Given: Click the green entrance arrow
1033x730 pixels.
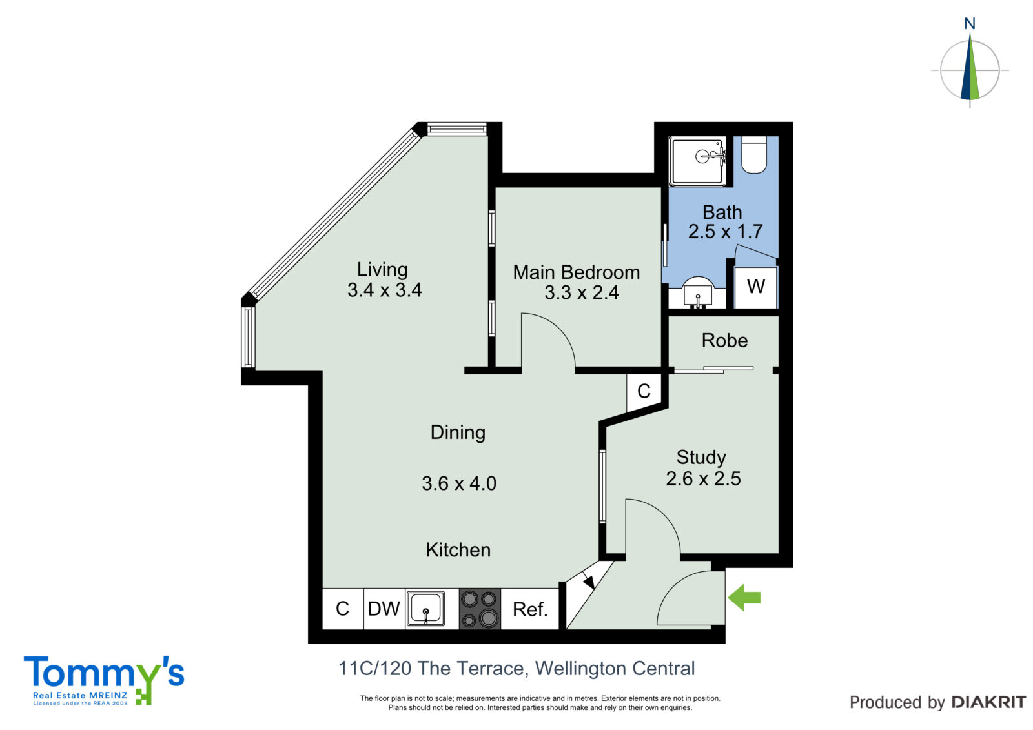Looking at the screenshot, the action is point(744,598).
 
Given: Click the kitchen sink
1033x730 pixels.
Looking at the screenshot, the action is point(425,609).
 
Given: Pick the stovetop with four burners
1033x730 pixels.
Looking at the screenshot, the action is point(480,609).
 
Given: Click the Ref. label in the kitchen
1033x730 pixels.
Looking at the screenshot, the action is point(530,609).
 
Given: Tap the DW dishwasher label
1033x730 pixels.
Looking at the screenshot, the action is point(384,609).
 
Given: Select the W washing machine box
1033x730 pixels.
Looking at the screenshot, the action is point(755,287).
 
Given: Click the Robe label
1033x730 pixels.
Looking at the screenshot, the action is point(724,340).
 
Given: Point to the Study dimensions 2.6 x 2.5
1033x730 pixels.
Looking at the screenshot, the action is point(703,479).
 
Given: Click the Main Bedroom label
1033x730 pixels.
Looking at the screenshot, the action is point(577,272).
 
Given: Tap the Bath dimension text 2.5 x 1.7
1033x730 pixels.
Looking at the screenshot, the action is point(726,232).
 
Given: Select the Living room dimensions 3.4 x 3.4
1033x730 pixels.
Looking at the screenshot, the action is point(384,290).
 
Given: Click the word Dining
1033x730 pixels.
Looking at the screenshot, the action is point(458,432).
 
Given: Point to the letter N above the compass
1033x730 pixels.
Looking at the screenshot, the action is point(969,23).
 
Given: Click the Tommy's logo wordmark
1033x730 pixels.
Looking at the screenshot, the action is point(104,674).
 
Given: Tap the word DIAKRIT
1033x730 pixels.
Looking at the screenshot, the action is point(988,702).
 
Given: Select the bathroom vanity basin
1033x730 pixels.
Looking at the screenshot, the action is point(698,292).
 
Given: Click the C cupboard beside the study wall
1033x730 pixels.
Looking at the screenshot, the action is point(644,392).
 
